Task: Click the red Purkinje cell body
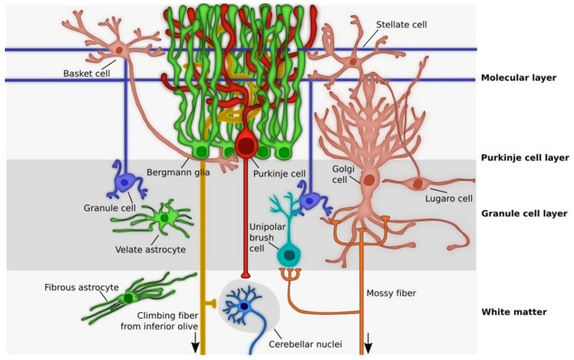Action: click(245, 147)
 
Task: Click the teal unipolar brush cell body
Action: click(288, 254)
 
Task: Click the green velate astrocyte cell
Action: click(164, 217)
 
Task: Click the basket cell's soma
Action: click(120, 50)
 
